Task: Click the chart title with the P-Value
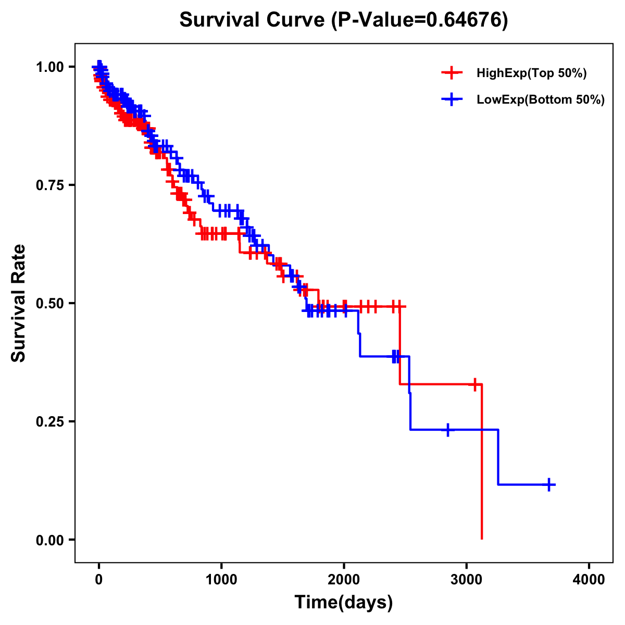pos(343,20)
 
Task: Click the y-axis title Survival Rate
pos(19,303)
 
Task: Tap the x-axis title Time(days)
pos(343,603)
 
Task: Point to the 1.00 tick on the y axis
pos(51,67)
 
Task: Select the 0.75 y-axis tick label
pos(51,185)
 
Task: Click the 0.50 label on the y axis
pos(51,303)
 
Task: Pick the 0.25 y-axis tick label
pos(51,421)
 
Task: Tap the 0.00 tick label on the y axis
pos(51,540)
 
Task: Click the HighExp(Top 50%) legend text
pos(531,73)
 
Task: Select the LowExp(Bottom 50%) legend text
pos(541,100)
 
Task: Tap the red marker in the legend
pos(452,73)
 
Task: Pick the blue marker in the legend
pos(452,100)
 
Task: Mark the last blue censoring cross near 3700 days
pos(548,484)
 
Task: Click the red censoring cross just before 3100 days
pos(474,384)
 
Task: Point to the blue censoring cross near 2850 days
pos(447,430)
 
